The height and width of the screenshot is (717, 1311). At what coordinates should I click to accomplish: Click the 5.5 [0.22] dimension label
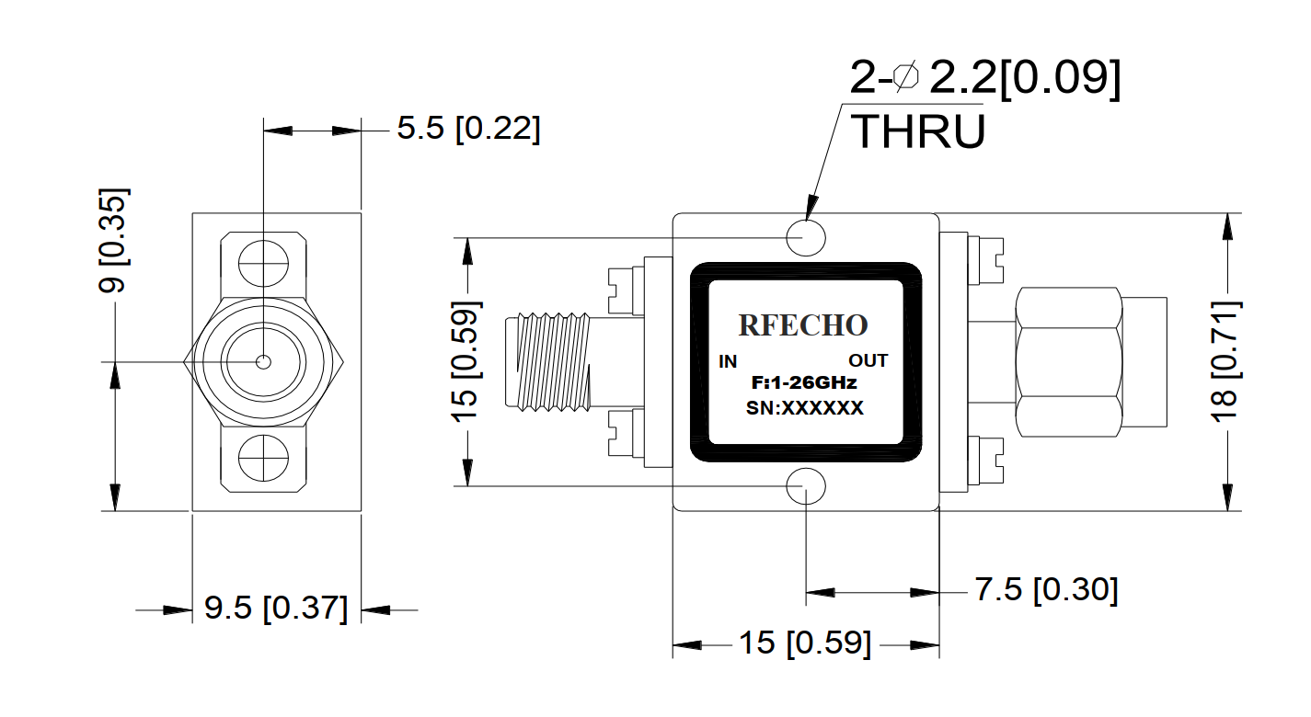coord(468,128)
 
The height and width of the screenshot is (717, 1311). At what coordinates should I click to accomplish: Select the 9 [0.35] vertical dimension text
coord(112,240)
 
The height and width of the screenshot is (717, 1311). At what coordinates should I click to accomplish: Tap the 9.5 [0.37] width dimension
coord(276,608)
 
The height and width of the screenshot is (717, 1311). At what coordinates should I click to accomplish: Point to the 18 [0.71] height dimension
coord(1225,362)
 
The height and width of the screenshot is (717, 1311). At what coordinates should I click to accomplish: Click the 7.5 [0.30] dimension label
coord(1046,589)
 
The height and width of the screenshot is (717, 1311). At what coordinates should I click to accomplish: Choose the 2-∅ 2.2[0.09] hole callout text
coord(985,78)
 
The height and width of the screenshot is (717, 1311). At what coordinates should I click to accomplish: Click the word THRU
coord(918,131)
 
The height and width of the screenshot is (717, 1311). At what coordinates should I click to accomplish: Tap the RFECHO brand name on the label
coord(803,325)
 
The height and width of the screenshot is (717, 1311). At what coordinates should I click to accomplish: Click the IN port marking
coord(728,362)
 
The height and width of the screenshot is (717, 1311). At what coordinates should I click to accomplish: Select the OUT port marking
coord(868,361)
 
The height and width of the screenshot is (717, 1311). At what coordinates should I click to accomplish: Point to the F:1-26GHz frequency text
coord(804,383)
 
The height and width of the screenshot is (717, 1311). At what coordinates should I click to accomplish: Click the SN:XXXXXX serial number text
coord(805,408)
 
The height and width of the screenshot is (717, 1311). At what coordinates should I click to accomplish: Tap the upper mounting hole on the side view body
coord(806,238)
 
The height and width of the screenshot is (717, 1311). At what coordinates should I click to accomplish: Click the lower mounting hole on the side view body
coord(806,486)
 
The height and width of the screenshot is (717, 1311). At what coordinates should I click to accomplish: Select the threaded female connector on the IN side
coord(549,361)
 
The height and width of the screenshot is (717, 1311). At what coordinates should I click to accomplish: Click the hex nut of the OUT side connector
coord(1069,362)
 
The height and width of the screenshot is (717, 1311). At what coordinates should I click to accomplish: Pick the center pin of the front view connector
coord(263,362)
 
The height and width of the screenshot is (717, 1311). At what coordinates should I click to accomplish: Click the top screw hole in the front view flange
coord(263,263)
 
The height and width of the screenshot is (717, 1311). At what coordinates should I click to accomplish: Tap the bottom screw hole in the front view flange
coord(263,458)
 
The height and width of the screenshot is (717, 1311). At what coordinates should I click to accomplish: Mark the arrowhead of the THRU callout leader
coord(811,208)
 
